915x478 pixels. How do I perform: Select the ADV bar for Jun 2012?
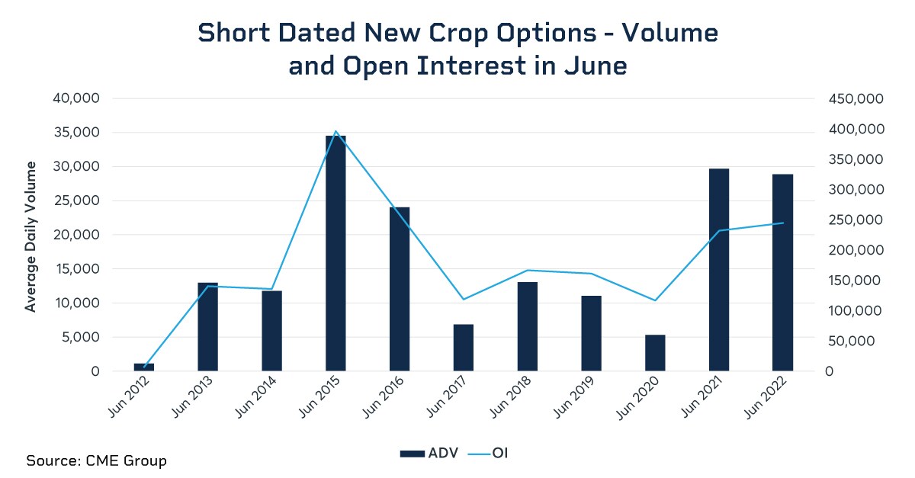pyautogui.click(x=144, y=367)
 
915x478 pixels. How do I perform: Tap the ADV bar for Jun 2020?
pyautogui.click(x=655, y=353)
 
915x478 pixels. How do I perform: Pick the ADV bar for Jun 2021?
pyautogui.click(x=719, y=270)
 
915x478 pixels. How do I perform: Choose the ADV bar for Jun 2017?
pyautogui.click(x=464, y=348)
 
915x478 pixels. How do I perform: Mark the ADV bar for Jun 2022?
pyautogui.click(x=782, y=273)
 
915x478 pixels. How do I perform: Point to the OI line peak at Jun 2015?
pyautogui.click(x=335, y=131)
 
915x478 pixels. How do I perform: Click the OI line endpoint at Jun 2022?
pyautogui.click(x=782, y=223)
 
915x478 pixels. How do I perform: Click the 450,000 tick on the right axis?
pyautogui.click(x=855, y=99)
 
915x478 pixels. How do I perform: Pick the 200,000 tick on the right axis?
pyautogui.click(x=855, y=251)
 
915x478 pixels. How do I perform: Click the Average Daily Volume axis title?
pyautogui.click(x=31, y=236)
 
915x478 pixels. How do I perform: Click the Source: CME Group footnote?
pyautogui.click(x=96, y=460)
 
